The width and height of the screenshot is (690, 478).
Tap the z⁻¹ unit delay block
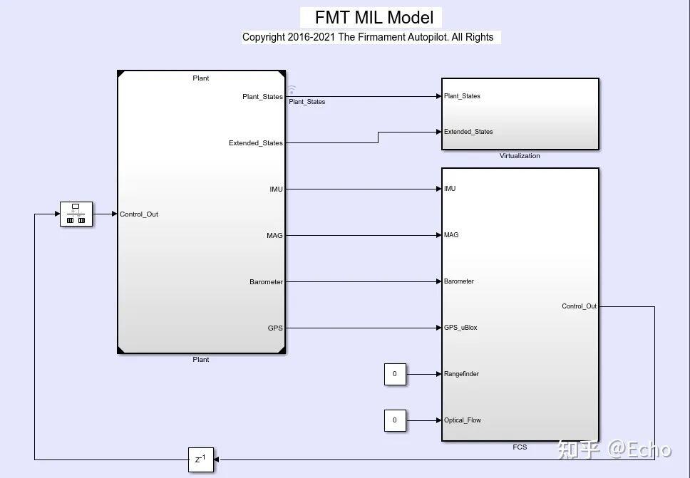[201, 459]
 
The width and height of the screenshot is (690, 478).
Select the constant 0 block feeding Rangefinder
[395, 374]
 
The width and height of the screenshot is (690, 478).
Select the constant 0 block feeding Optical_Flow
[395, 420]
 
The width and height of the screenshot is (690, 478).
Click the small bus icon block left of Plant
[76, 214]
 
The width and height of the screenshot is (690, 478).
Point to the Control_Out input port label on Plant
[139, 214]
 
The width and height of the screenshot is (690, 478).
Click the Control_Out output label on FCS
[579, 306]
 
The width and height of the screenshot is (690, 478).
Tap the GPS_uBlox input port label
[460, 328]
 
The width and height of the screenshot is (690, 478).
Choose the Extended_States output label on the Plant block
[255, 143]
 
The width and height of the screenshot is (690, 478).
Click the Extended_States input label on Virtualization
[468, 132]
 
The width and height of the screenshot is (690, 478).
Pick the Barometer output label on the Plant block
[266, 282]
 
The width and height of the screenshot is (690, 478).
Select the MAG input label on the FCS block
[451, 235]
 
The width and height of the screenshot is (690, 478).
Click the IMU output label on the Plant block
[276, 189]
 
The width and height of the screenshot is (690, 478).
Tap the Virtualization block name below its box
[520, 156]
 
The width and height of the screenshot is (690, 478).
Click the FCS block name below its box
[520, 447]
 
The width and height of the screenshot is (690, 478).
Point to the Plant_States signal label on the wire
[307, 102]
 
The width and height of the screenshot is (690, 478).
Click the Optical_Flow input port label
[463, 420]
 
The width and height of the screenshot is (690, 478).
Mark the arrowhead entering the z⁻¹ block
[217, 459]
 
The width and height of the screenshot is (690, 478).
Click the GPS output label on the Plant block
[275, 328]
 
